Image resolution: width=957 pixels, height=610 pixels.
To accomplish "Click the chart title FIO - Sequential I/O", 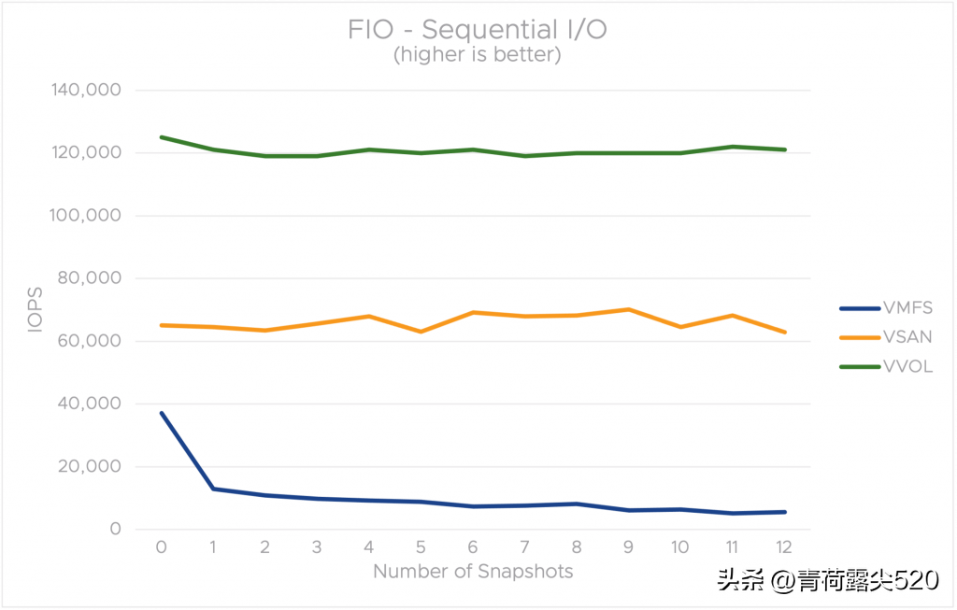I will pos(478,29).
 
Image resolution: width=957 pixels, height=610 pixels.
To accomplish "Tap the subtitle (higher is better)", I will pos(478,55).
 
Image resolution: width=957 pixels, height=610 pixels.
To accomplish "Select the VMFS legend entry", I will pos(907,307).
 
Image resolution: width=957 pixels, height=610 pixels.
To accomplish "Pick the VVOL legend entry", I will pos(907,366).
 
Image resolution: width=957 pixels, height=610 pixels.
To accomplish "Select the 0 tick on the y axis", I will pos(115,529).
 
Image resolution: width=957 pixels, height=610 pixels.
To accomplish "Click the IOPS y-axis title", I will pos(36,310).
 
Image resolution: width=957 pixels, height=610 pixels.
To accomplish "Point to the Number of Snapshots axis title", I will pos(473,571).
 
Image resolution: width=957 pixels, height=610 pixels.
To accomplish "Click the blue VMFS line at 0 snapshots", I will pos(162,413).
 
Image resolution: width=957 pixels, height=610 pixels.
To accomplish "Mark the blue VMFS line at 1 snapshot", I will pos(214,489).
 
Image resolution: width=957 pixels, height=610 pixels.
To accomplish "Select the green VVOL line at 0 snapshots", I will pos(162,137).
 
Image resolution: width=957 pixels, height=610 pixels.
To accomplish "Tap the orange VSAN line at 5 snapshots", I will pos(421,332).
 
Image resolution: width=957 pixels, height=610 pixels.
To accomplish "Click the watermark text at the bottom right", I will pos(827,581).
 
